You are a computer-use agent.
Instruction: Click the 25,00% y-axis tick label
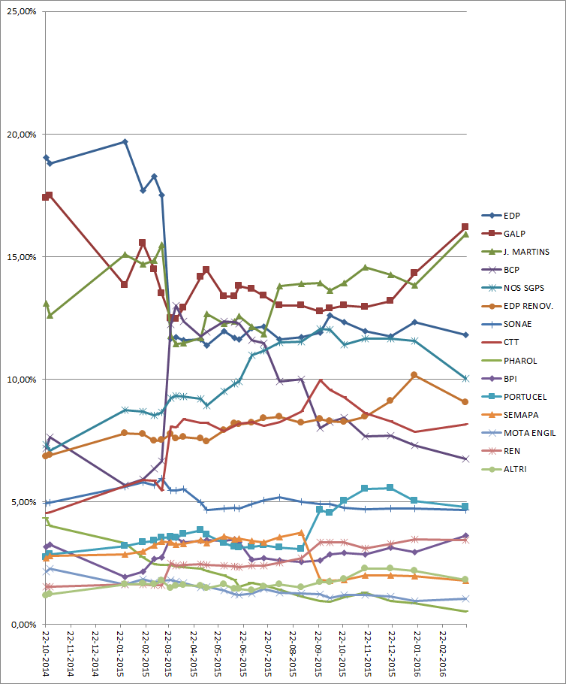click(x=23, y=12)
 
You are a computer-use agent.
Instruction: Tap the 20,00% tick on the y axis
click(x=23, y=135)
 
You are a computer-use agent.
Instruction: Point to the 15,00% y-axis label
click(x=23, y=257)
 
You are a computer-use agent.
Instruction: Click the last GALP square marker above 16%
click(x=465, y=226)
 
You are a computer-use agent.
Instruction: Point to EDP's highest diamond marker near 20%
click(x=125, y=141)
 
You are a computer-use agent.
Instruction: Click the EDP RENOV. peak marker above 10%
click(x=414, y=374)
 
